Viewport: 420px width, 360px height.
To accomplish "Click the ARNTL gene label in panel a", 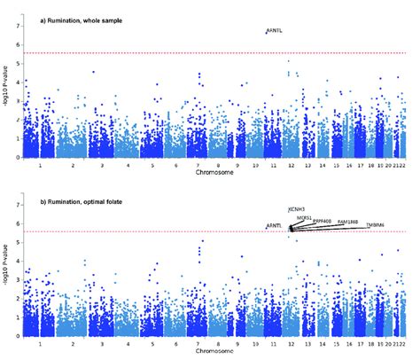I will click(275, 31).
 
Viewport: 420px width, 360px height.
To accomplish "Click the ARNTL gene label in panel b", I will click(275, 226).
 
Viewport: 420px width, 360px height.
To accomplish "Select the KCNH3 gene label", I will click(297, 209).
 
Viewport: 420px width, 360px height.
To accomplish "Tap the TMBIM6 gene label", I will click(376, 225).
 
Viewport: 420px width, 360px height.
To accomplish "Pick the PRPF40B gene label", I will click(323, 220).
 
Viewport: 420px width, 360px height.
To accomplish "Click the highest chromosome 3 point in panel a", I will click(93, 72).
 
